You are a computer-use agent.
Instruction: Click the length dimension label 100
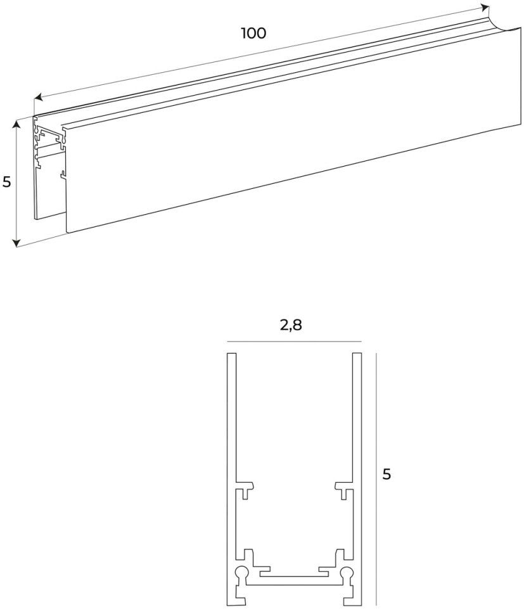tap(253, 33)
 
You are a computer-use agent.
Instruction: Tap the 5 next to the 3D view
tap(7, 183)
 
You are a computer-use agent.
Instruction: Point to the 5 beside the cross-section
tap(387, 474)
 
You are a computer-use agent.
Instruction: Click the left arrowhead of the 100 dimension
tap(37, 98)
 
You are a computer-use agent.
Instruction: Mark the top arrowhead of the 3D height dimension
tap(17, 124)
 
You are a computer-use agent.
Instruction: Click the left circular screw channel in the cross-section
tap(241, 574)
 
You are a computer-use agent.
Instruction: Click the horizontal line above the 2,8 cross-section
tap(293, 342)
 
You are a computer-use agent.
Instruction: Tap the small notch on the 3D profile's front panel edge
tap(62, 173)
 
